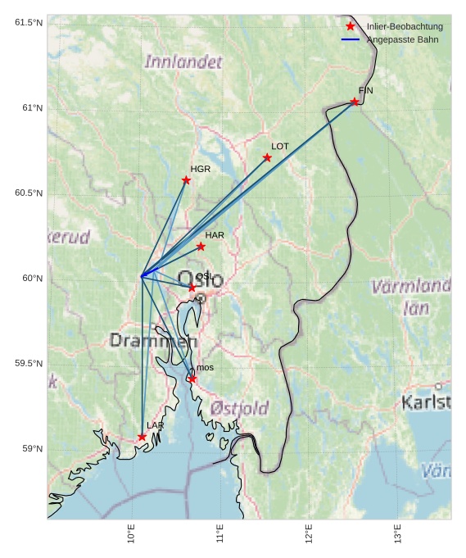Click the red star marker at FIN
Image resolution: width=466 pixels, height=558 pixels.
pyautogui.click(x=355, y=102)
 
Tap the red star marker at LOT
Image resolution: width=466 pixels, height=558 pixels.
pyautogui.click(x=267, y=157)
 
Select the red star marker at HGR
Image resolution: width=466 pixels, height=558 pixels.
pyautogui.click(x=186, y=180)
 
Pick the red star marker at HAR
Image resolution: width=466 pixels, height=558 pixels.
pyautogui.click(x=201, y=246)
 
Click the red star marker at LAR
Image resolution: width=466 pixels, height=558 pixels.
pyautogui.click(x=142, y=437)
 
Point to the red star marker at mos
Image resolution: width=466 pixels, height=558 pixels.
pyautogui.click(x=192, y=379)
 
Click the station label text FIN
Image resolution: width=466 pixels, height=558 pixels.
pyautogui.click(x=365, y=90)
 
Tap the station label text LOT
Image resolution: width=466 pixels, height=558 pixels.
pyautogui.click(x=280, y=146)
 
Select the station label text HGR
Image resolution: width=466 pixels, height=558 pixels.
pyautogui.click(x=201, y=169)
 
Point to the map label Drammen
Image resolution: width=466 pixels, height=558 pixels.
pyautogui.click(x=153, y=340)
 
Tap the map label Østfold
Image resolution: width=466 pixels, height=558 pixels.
pyautogui.click(x=239, y=407)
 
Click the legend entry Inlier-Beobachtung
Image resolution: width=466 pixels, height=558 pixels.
pyautogui.click(x=405, y=26)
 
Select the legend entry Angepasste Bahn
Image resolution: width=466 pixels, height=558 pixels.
pyautogui.click(x=402, y=39)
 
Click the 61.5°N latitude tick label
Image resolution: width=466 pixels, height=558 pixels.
pyautogui.click(x=29, y=22)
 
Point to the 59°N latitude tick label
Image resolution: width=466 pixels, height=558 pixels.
pyautogui.click(x=32, y=448)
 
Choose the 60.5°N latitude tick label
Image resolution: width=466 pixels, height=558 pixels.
pyautogui.click(x=29, y=193)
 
